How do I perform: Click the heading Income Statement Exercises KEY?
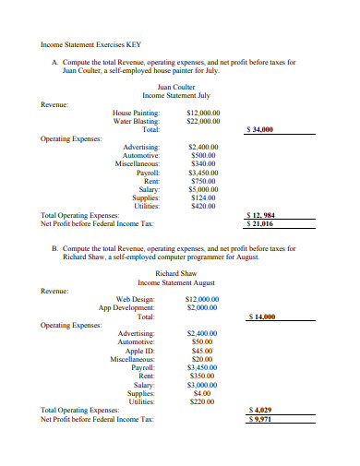tap(90, 44)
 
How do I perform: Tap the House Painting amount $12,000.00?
tap(203, 113)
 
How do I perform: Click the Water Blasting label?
tap(136, 121)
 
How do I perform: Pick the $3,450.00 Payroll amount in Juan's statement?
tap(202, 173)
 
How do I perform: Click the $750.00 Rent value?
tap(202, 181)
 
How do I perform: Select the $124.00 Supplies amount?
tap(202, 197)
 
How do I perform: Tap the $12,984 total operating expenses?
tap(264, 214)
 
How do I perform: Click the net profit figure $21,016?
tap(262, 223)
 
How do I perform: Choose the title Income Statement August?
tap(176, 282)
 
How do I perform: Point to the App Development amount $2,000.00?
tap(202, 307)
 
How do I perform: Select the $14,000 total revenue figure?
tap(263, 317)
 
